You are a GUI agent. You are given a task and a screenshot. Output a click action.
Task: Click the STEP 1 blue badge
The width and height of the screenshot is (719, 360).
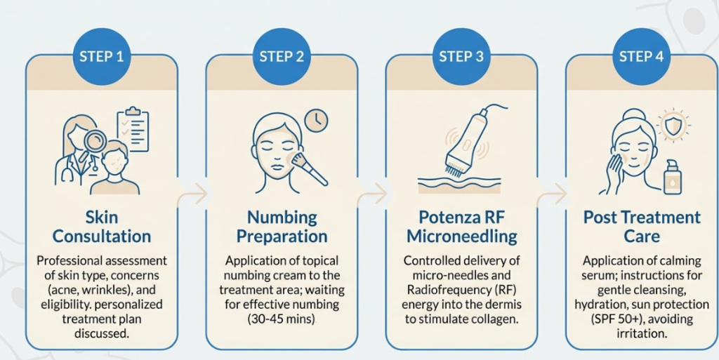[101, 56]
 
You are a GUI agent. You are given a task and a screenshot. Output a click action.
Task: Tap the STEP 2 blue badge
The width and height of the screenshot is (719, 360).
[282, 56]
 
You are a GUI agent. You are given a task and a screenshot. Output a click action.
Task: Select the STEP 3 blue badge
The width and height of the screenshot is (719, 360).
[461, 56]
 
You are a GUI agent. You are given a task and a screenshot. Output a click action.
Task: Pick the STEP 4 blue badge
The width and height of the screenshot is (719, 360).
[641, 56]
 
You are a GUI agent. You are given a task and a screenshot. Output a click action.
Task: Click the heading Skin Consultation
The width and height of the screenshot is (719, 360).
[102, 226]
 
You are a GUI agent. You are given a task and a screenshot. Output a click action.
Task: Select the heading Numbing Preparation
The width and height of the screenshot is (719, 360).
[282, 226]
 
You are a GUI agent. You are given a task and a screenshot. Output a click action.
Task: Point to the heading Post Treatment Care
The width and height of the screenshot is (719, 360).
[642, 226]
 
